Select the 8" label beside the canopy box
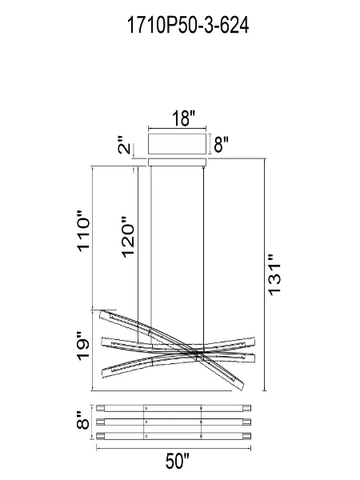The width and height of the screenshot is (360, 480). click(221, 145)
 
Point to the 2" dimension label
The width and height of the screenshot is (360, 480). click(122, 148)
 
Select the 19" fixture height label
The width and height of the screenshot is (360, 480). click(86, 348)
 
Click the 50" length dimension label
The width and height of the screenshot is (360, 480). click(175, 462)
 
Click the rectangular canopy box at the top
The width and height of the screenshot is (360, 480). click(178, 144)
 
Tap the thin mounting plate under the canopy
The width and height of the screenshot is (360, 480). click(178, 162)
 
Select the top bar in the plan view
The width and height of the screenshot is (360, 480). click(174, 407)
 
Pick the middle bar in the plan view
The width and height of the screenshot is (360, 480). click(174, 421)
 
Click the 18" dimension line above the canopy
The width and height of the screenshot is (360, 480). click(178, 128)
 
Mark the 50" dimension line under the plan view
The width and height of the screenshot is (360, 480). click(174, 447)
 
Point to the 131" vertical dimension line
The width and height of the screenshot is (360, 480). click(264, 276)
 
